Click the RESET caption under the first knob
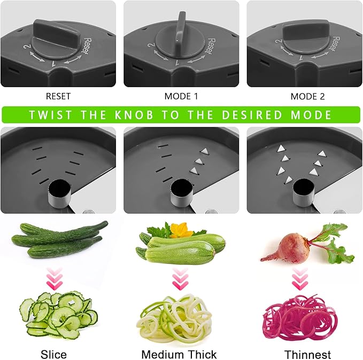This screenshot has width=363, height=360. [58, 97]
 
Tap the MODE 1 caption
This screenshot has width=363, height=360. [181, 97]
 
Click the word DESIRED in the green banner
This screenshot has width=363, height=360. [254, 115]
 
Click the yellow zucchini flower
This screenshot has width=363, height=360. [181, 229]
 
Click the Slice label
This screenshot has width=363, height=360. [53, 354]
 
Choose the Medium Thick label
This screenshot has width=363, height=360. [179, 354]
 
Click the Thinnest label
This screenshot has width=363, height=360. [307, 354]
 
